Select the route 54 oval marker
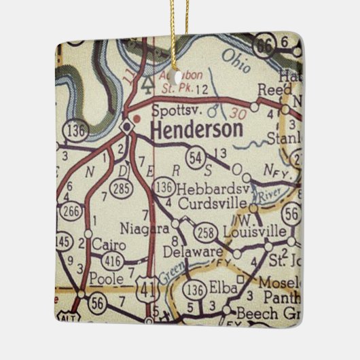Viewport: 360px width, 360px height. [196, 158]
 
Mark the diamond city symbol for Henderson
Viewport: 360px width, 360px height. [126, 127]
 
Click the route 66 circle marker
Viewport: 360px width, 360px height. [264, 46]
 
